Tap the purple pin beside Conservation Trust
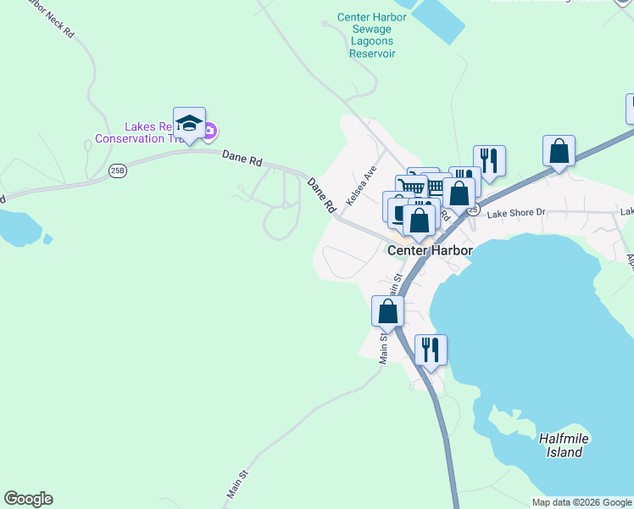[210, 131]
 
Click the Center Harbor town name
[429, 250]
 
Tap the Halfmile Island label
[564, 445]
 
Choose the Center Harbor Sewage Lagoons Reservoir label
[372, 35]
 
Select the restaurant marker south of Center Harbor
[431, 350]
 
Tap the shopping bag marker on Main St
[387, 311]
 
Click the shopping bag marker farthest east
[559, 151]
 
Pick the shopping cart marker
[411, 187]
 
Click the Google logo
[28, 499]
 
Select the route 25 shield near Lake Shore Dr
[473, 209]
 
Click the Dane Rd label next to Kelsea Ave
[322, 194]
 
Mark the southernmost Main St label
[236, 484]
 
